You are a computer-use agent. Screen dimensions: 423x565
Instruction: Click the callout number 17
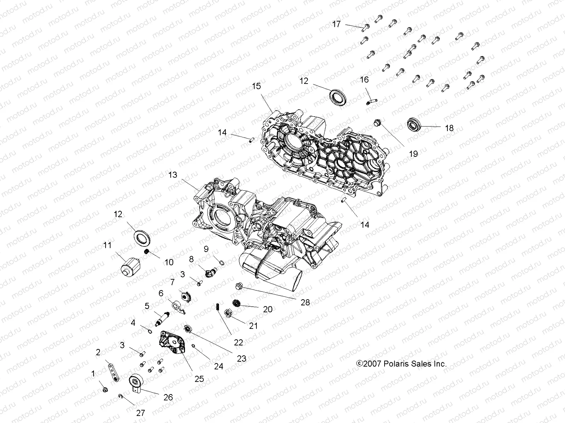(x=336, y=24)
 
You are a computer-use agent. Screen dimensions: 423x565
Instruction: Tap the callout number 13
(x=173, y=175)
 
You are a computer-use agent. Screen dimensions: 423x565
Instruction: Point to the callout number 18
(x=449, y=128)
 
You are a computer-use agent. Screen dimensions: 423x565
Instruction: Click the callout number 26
(x=168, y=397)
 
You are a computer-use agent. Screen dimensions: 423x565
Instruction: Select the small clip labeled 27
(x=121, y=397)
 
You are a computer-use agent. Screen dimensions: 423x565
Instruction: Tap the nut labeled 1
(x=105, y=390)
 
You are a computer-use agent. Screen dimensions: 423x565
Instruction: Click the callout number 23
(x=241, y=359)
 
